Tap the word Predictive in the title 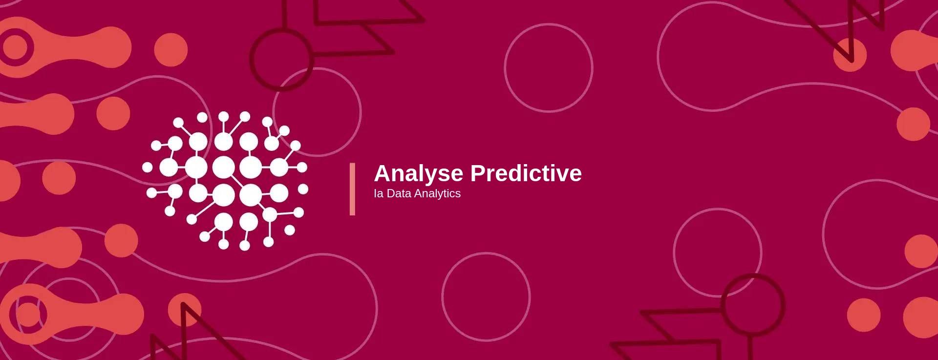click(526, 173)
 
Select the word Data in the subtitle click(399, 193)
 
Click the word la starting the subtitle click(379, 193)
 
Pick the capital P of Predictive click(478, 173)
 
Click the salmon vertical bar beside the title click(352, 189)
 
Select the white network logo click(225, 181)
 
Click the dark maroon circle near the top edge click(281, 59)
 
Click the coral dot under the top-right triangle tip click(850, 55)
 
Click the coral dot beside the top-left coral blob click(171, 50)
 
